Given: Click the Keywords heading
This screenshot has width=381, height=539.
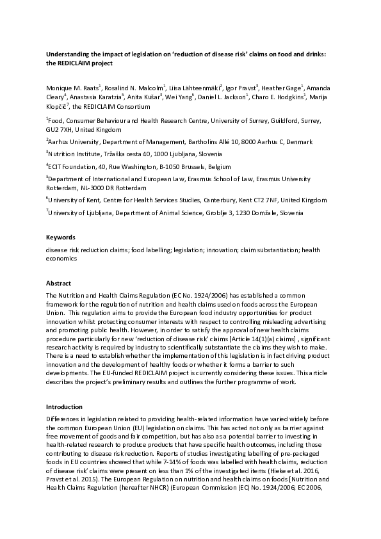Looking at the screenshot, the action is point(60,237).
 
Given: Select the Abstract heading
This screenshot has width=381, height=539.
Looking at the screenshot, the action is point(58,282).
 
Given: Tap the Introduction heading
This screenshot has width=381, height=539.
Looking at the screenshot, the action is point(64,407).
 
